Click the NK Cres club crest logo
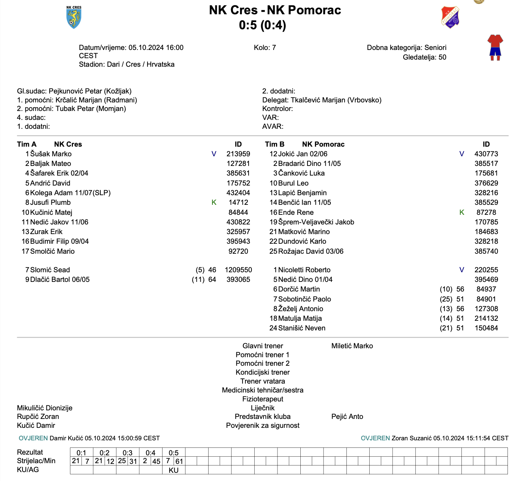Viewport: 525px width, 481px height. [74, 17]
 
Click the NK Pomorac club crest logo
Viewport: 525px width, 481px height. [450, 17]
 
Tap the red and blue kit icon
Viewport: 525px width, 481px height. [495, 47]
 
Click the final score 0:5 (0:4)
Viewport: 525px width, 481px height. [262, 25]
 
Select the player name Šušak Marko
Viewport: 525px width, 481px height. [51, 154]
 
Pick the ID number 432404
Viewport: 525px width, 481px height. [238, 193]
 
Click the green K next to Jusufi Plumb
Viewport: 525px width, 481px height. [214, 202]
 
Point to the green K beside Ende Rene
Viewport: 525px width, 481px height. [462, 212]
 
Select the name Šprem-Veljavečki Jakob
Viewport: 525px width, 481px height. [316, 222]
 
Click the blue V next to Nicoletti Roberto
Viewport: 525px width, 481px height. [462, 270]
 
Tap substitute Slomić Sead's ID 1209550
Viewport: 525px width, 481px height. [238, 270]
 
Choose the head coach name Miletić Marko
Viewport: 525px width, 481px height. [352, 346]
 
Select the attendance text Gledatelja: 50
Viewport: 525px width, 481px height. [424, 57]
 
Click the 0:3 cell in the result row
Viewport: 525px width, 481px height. [127, 453]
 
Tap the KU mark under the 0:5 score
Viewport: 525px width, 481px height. [174, 470]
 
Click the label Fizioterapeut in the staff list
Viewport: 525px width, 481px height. [262, 399]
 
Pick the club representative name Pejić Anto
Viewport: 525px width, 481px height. [347, 416]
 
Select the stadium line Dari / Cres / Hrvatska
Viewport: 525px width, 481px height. [141, 64]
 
